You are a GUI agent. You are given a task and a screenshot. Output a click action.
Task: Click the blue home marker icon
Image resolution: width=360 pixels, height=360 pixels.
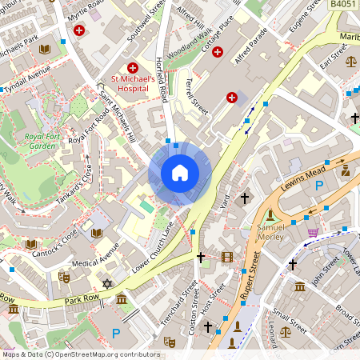(x=180, y=173)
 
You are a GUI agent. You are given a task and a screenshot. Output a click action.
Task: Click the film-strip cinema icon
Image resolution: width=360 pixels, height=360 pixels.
(x=228, y=257)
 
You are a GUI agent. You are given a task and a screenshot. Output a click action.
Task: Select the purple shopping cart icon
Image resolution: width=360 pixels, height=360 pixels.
(x=313, y=233)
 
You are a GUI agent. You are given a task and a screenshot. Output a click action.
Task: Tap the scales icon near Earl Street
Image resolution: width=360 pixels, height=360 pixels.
(x=350, y=60)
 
